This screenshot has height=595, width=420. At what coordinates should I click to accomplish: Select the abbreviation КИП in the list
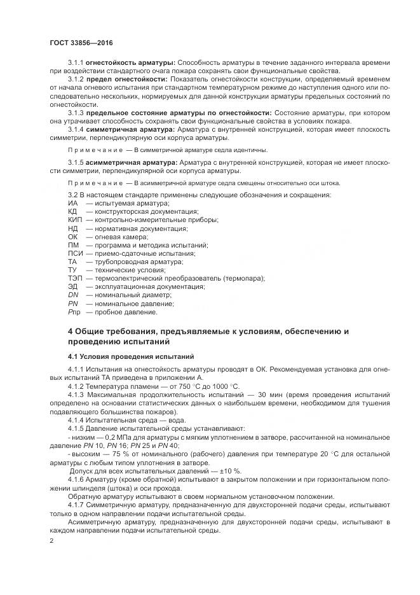tap(75, 220)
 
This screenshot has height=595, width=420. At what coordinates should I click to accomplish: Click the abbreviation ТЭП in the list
tap(75, 278)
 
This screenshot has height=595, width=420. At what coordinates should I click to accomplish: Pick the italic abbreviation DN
tap(73, 295)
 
